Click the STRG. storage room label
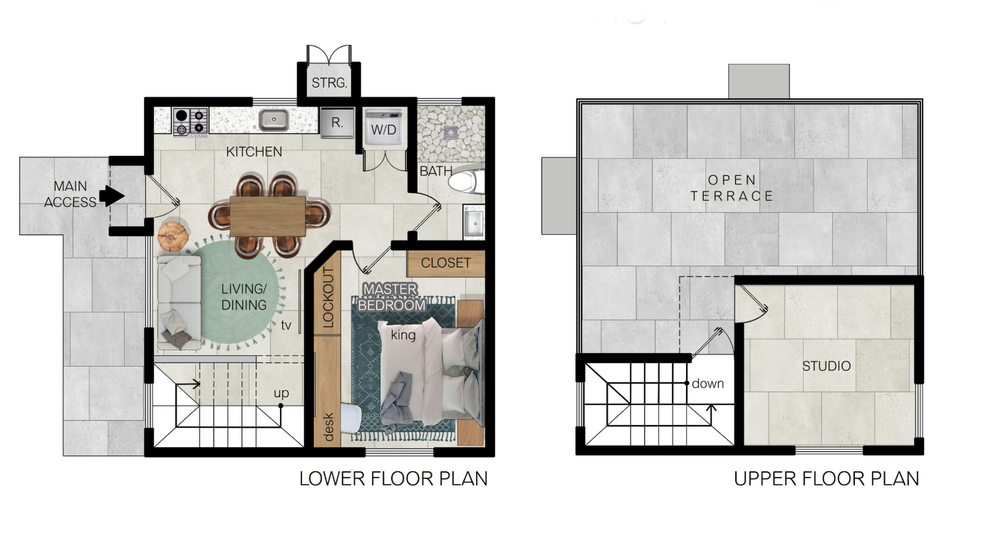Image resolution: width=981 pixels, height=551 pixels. [x=329, y=83]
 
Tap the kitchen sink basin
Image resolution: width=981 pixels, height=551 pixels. [x=274, y=120]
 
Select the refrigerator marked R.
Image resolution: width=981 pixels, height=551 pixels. [x=337, y=122]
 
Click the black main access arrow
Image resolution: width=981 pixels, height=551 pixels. [x=112, y=195]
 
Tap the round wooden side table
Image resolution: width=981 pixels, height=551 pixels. [x=173, y=236]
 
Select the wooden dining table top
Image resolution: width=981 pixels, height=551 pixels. [x=268, y=216]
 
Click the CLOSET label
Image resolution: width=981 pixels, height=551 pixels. [x=446, y=263]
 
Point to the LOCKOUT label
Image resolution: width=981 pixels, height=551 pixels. [x=328, y=298]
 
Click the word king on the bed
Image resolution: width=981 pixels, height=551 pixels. [x=403, y=335]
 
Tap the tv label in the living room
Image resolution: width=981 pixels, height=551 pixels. [x=286, y=325]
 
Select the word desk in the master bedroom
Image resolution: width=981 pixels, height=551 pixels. [x=328, y=427]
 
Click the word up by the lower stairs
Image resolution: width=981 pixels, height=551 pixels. [x=281, y=394]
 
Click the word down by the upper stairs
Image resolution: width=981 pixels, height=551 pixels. [x=707, y=384]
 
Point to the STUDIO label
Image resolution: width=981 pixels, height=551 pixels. [x=826, y=366]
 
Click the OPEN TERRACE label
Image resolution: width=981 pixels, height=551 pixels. [x=732, y=188]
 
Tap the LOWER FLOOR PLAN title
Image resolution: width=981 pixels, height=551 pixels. [x=393, y=478]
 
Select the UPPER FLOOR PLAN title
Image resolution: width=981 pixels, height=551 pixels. [x=826, y=478]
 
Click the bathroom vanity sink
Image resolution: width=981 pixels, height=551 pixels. [x=474, y=222]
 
